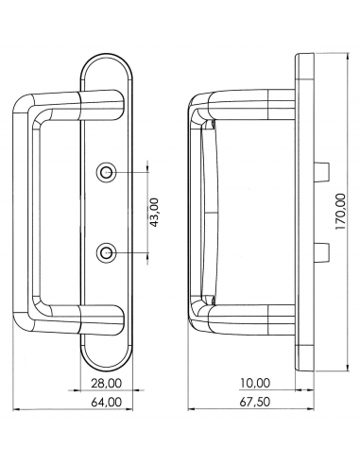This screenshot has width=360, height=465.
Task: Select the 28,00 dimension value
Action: (x=107, y=383)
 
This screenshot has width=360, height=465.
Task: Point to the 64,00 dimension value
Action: (x=107, y=402)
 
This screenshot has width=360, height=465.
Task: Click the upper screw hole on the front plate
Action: (x=109, y=172)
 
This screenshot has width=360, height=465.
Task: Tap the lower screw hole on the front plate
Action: (x=109, y=252)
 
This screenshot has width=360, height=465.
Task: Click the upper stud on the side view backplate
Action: (x=320, y=172)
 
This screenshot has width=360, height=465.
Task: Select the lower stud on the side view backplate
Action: (x=320, y=252)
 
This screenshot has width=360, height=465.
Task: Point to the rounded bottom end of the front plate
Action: (x=109, y=364)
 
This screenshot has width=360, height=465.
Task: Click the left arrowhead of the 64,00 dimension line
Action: (x=22, y=410)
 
